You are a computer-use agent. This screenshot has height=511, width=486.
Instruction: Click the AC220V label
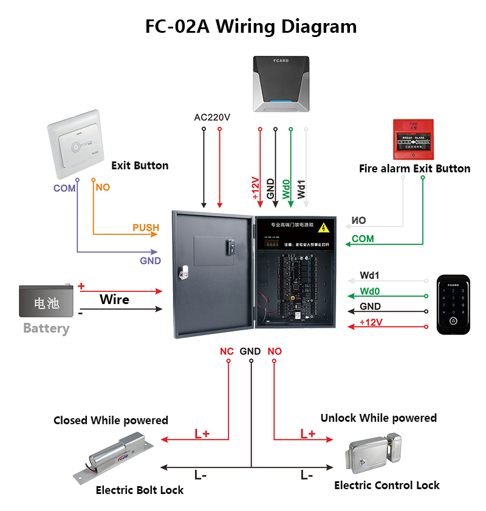coord(212,117)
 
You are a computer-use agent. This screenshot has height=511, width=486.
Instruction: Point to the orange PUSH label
coord(146,228)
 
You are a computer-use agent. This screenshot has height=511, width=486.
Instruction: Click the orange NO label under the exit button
coord(103,188)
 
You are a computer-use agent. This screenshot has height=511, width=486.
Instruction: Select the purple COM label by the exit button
coord(64,188)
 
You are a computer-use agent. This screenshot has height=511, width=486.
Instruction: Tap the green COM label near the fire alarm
coord(363,239)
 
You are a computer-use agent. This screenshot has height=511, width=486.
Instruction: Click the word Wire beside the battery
coord(114,299)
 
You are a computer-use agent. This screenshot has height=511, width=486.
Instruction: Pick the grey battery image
coord(47,301)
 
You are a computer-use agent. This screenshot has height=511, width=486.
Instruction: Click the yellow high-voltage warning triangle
coord(325,228)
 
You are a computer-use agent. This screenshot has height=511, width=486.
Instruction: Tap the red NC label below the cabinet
coord(227,351)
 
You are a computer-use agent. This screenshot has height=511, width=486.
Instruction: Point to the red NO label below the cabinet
coord(275,351)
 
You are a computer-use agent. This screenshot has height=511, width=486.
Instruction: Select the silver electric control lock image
coord(375,454)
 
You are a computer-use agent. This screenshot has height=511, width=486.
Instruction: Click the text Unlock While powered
coord(378,418)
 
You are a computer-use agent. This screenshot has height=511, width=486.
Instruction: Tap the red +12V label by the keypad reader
coord(371,322)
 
